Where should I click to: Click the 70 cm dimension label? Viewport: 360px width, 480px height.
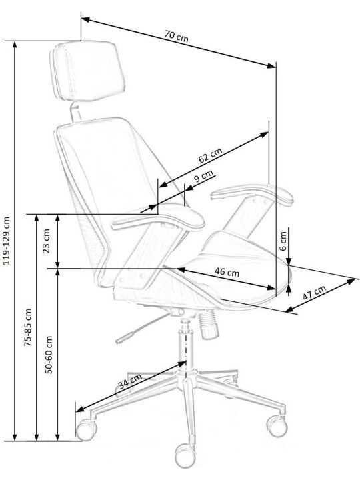tap(176, 37)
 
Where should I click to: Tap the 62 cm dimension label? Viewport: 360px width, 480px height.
tap(210, 155)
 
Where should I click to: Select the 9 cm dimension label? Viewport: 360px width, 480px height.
tap(203, 176)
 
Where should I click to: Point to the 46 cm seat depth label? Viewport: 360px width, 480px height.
tap(227, 272)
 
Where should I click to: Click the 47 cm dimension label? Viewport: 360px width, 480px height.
tap(314, 293)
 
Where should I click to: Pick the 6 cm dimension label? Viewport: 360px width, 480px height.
tap(283, 241)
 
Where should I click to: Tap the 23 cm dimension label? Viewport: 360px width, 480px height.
tap(46, 241)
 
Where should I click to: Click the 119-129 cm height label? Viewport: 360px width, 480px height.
tap(6, 241)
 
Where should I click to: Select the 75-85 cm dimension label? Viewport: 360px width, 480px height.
tap(28, 327)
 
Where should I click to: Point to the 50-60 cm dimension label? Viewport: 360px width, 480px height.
tap(49, 355)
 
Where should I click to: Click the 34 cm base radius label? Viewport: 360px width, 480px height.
tap(130, 381)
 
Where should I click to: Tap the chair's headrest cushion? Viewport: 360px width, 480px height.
tap(88, 71)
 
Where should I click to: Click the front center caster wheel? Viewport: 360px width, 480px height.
tap(185, 455)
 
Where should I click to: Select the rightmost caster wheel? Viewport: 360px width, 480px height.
tap(277, 425)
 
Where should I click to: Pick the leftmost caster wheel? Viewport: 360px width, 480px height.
tap(86, 430)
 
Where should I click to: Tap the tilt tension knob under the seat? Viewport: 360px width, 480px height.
tap(208, 325)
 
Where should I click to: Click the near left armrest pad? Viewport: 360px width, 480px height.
tap(158, 218)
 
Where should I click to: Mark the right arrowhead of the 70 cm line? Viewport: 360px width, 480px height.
tap(271, 65)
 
